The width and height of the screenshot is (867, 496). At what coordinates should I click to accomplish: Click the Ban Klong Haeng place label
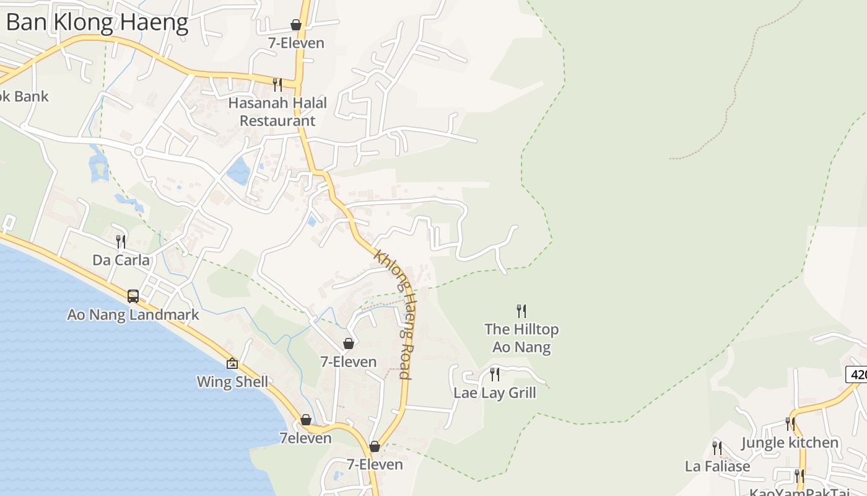point(97,23)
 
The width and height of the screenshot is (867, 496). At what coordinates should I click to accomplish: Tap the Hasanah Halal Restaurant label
point(277,112)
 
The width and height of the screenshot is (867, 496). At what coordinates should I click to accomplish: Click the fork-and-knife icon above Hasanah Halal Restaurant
point(277,84)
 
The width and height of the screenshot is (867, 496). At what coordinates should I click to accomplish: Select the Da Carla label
point(121,260)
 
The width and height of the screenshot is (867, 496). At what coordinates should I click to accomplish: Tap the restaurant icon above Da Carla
point(121,241)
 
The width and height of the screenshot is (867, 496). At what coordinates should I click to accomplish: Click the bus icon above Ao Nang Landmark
point(133,296)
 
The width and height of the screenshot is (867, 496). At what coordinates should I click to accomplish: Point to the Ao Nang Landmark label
point(133,315)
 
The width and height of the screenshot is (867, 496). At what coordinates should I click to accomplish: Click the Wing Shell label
point(233,382)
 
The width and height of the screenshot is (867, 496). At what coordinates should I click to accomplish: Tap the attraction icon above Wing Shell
point(232,363)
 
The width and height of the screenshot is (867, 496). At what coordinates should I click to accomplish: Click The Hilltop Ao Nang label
point(521,338)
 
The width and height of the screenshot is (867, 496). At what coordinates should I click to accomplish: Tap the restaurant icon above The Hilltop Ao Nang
point(521,311)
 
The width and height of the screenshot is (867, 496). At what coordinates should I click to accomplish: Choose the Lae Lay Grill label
point(495,393)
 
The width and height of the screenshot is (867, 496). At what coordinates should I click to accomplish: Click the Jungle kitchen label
point(790,443)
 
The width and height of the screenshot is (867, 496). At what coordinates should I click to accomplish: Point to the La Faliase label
point(717,466)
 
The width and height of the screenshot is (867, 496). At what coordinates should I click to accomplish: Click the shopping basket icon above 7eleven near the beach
point(306,420)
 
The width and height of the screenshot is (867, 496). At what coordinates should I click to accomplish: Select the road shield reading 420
point(857,374)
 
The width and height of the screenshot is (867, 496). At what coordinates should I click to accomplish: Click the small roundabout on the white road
point(138,151)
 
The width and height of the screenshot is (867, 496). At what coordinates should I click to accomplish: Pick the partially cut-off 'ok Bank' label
point(24,97)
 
